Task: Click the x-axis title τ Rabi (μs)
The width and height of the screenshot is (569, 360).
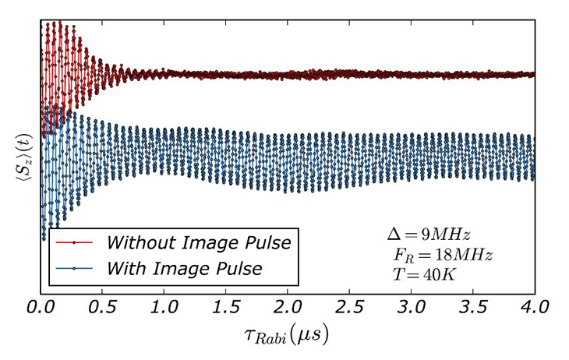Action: (288, 336)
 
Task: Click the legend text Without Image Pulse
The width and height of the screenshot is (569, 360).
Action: (199, 243)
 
